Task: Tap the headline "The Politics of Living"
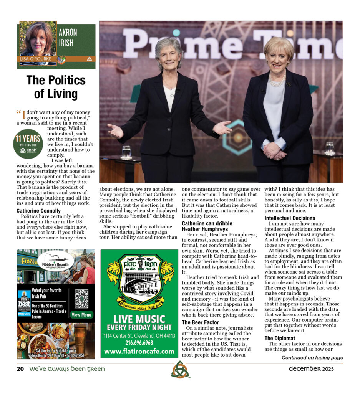point(56,87)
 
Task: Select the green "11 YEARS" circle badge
point(28,144)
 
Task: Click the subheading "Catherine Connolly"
point(38,211)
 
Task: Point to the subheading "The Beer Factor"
point(200,322)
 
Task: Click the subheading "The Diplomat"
point(280,338)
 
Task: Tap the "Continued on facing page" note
point(312,358)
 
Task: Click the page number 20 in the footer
point(20,369)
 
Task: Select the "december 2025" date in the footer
point(311,369)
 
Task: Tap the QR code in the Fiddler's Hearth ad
point(81,299)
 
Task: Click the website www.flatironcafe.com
point(139,351)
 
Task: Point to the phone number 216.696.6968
point(139,343)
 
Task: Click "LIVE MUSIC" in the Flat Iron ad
point(139,319)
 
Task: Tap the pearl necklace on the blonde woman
point(277,81)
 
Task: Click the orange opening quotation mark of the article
point(18,112)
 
